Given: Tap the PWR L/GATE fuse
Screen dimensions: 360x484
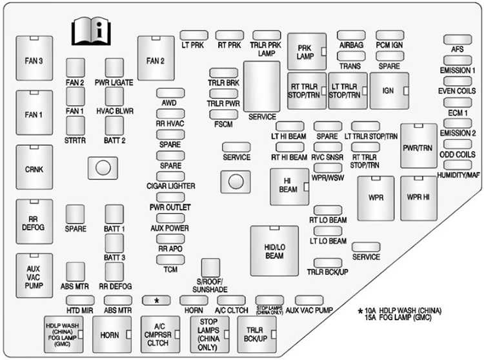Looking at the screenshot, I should [114, 67].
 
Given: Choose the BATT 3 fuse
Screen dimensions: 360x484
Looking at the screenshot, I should [114, 243].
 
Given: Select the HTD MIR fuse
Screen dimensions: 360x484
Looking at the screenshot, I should [81, 300].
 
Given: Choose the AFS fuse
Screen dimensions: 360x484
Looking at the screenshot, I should [458, 40].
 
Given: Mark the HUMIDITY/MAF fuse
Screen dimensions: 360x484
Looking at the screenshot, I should [458, 165].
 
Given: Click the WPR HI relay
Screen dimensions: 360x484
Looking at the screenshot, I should [418, 196].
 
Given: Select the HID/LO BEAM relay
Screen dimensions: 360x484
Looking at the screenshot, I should [274, 250].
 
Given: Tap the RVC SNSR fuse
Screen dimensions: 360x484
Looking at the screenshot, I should [326, 147].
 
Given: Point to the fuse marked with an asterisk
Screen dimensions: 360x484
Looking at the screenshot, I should [157, 301].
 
